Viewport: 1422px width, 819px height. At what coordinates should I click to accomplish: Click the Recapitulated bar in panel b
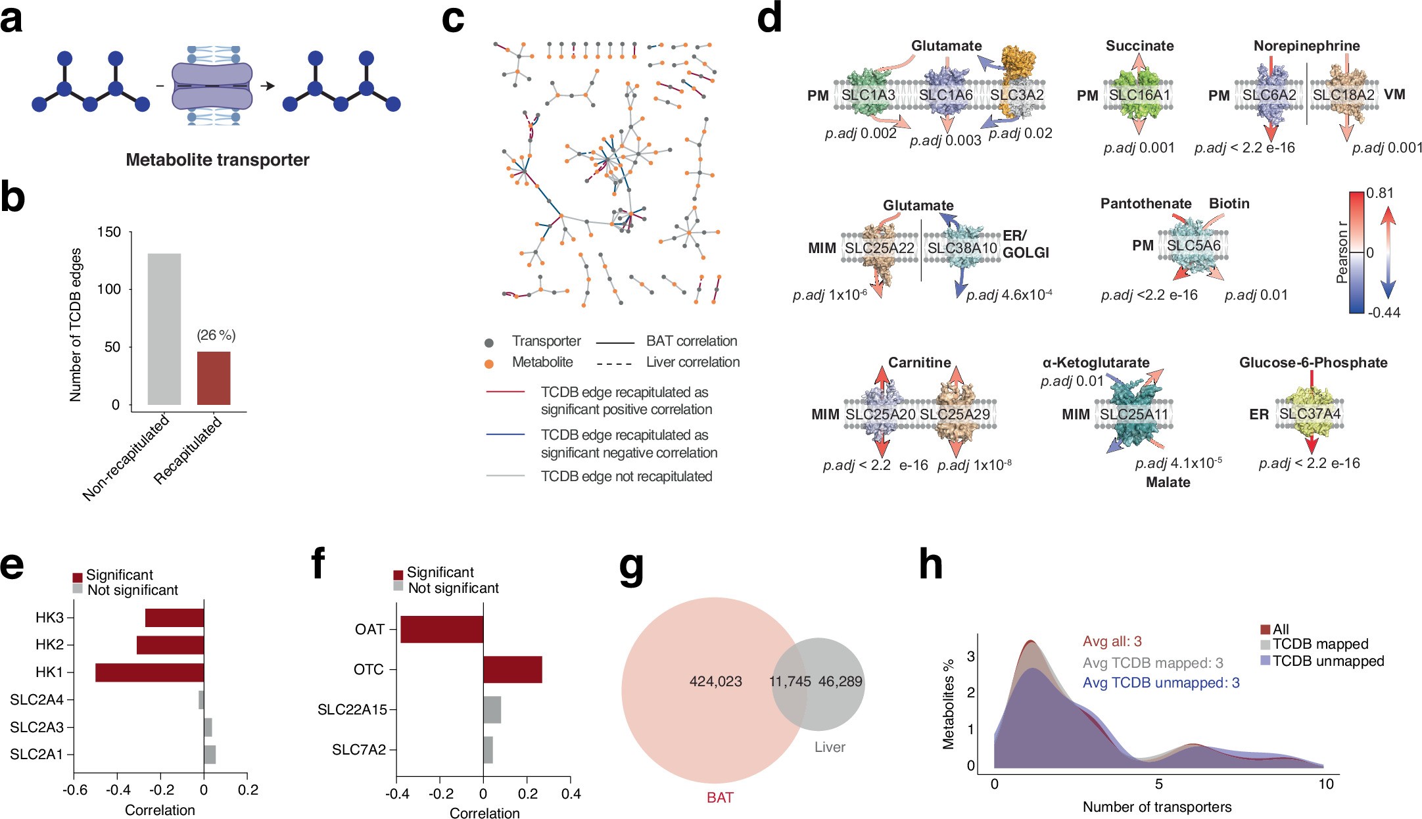click(x=214, y=378)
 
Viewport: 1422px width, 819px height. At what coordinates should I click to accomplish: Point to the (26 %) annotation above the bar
click(x=216, y=335)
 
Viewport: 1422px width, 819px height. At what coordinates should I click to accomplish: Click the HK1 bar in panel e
click(x=149, y=672)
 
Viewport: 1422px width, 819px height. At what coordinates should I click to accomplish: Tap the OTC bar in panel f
click(x=513, y=669)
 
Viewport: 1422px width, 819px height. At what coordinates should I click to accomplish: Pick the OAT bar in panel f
click(x=442, y=629)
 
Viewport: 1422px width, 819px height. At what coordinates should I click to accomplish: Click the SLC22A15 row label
click(x=352, y=710)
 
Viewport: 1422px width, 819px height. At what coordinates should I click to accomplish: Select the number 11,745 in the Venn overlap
click(x=790, y=682)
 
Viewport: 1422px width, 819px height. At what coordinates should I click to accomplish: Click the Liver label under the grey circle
click(x=830, y=747)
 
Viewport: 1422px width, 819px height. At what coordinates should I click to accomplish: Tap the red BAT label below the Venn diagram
click(x=720, y=797)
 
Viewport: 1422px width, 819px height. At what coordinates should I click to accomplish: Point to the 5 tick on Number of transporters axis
click(x=1158, y=784)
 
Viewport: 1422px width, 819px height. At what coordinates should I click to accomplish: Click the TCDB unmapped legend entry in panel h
click(x=1328, y=661)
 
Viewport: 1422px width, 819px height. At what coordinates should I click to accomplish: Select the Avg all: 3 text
click(x=1112, y=642)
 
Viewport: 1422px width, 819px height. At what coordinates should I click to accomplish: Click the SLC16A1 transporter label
click(x=1139, y=95)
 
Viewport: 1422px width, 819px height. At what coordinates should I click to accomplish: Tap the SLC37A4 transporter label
click(x=1310, y=414)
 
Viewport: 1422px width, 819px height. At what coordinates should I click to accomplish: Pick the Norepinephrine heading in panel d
click(x=1306, y=46)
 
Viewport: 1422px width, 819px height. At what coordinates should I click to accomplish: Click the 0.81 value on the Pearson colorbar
click(x=1379, y=193)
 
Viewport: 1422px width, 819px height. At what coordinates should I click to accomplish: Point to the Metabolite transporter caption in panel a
click(x=218, y=160)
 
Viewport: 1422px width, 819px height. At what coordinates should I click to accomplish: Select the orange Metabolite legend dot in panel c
click(x=489, y=363)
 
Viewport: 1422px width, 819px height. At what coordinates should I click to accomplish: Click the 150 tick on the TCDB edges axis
click(x=109, y=232)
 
